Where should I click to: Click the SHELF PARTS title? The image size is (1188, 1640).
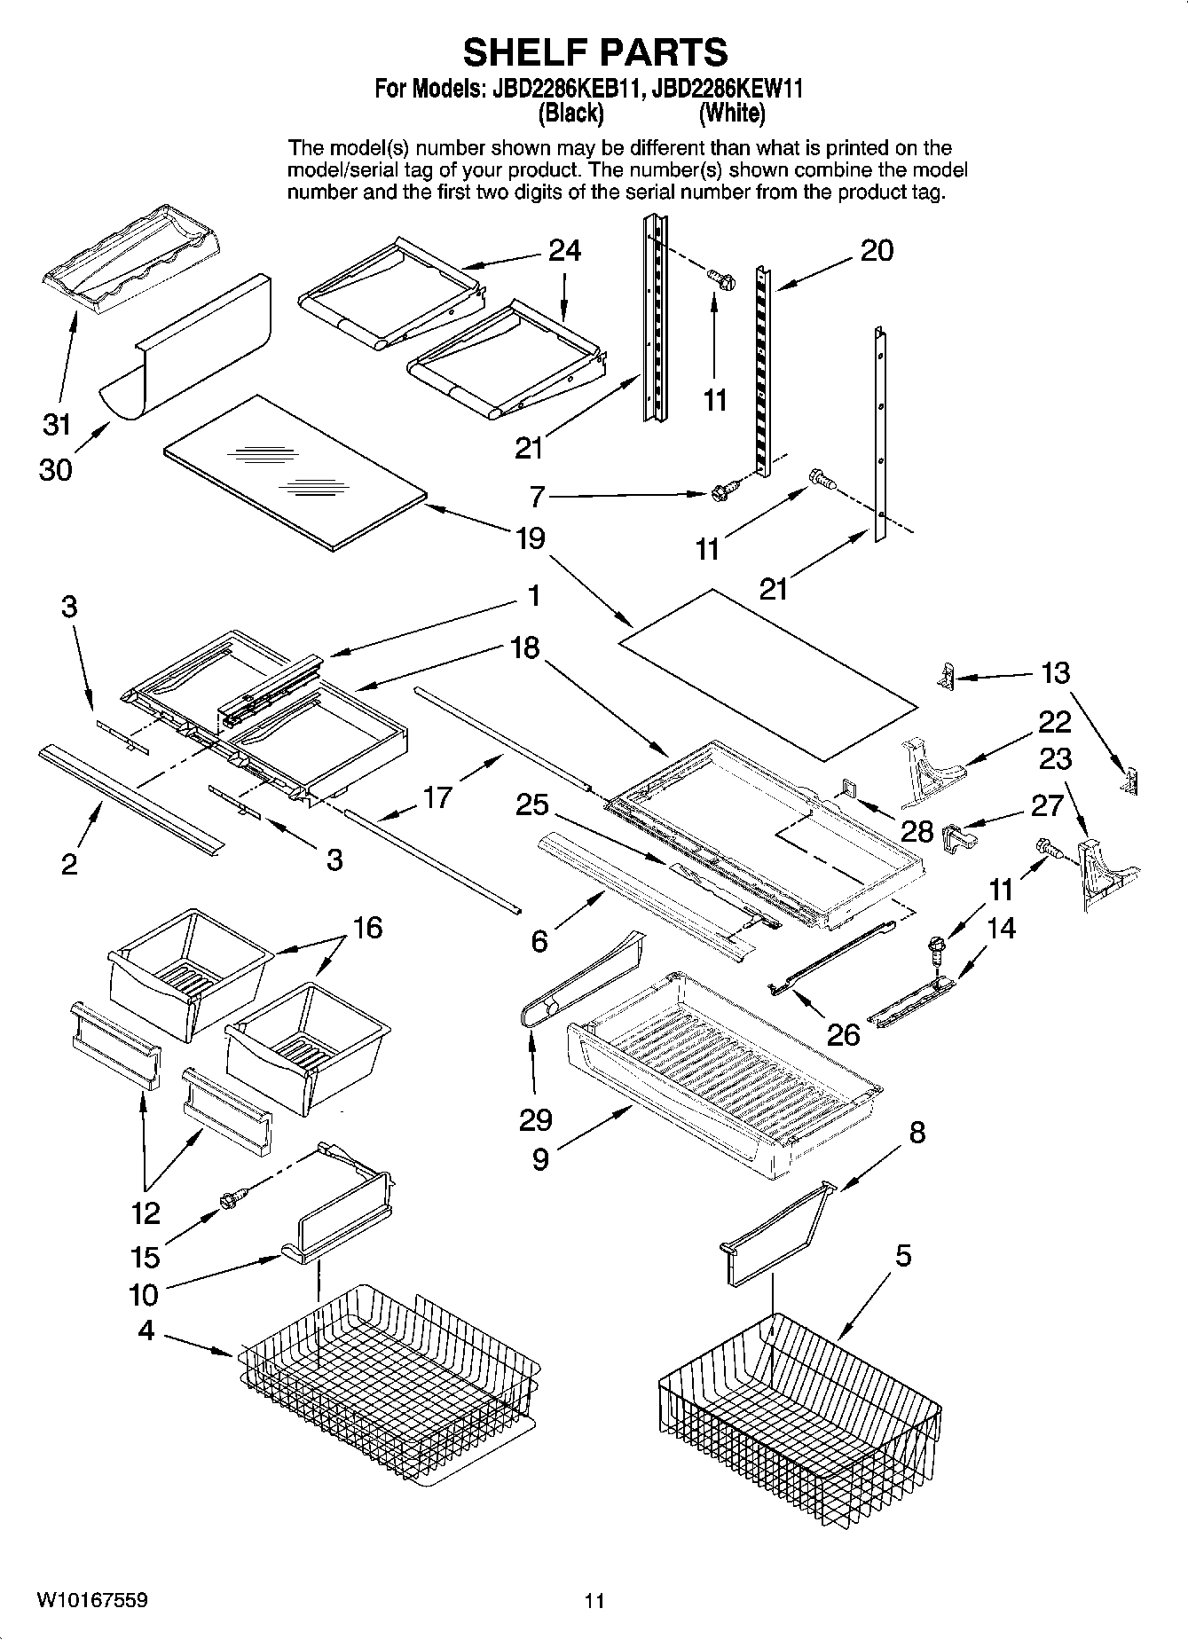[x=594, y=52]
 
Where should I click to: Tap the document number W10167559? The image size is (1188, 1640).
[x=92, y=1600]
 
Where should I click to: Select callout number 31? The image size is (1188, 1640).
[x=57, y=425]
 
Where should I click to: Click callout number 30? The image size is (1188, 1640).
[x=55, y=469]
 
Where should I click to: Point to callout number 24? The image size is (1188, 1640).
[x=564, y=251]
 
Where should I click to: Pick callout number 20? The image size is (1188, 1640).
[x=877, y=251]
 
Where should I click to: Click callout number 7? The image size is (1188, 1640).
[x=536, y=498]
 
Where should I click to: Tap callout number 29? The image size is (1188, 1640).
[x=535, y=1119]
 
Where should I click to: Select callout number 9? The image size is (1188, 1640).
[x=539, y=1159]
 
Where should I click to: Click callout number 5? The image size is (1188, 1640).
[x=903, y=1256]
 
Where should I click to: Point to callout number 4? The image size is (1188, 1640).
[x=146, y=1330]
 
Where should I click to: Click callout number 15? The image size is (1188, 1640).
[x=145, y=1257]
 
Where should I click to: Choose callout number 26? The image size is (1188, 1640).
[x=843, y=1034]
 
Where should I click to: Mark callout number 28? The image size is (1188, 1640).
[x=917, y=831]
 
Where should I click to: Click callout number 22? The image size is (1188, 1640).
[x=1054, y=722]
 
